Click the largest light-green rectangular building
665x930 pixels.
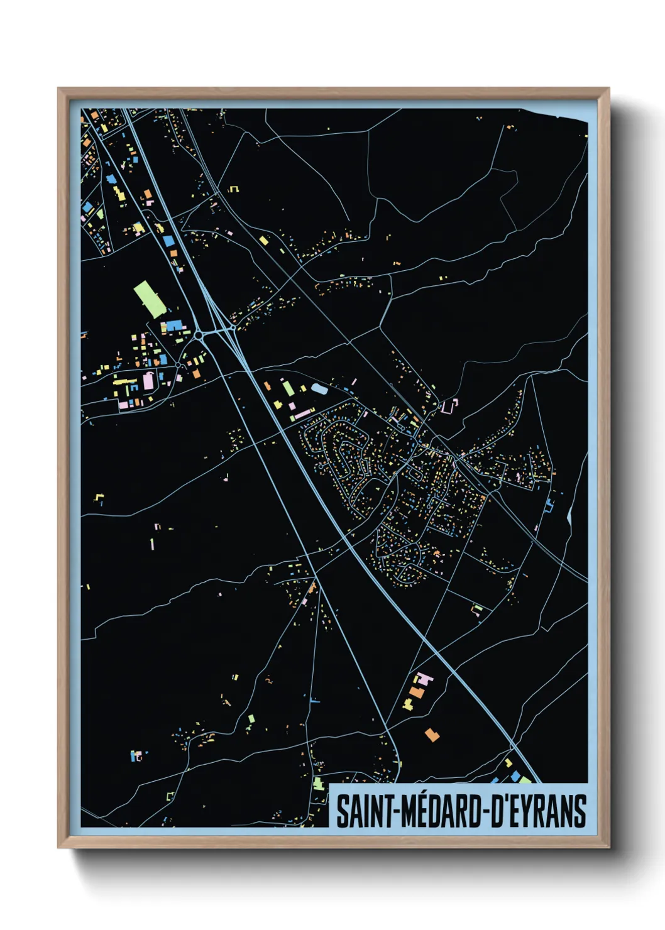point(149,300)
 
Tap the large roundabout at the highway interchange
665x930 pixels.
point(199,336)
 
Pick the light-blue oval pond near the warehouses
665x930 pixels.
point(319,390)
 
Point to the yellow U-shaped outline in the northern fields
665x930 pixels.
point(234,188)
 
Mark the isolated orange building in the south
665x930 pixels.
point(432,734)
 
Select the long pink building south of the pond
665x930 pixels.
point(304,413)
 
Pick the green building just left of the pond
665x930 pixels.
point(288,388)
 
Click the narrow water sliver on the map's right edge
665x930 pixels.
point(569,515)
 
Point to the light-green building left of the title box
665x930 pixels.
point(319,784)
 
